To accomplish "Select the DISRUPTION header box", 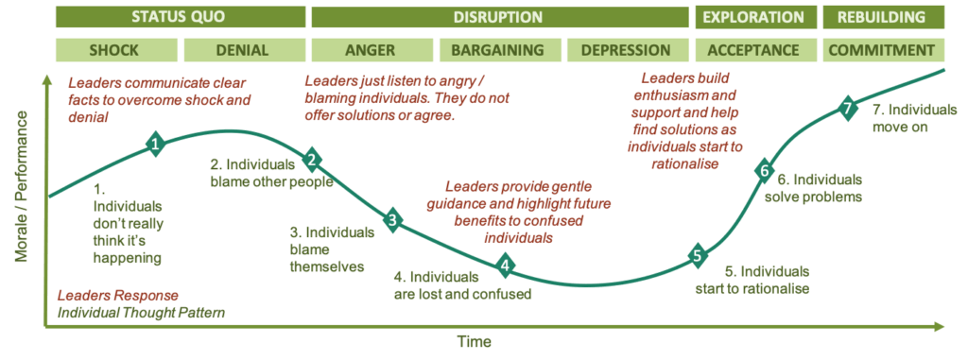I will (498, 17).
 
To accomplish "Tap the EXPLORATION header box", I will (754, 17).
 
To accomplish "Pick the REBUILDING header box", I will (881, 17).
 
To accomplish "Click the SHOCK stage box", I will (114, 50).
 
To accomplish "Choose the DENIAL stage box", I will (242, 50).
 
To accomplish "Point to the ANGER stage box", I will (371, 50).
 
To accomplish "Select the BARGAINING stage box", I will (498, 50).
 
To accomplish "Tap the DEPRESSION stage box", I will (626, 50).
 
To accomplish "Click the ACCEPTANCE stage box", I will (753, 50).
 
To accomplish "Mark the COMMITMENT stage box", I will (881, 50).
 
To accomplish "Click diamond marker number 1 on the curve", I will (156, 144).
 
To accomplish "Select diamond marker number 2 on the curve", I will (312, 160).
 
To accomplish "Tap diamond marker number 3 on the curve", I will (393, 221).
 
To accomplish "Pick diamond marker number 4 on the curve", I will (506, 266).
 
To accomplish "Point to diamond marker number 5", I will (698, 254).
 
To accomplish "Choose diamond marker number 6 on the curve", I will (764, 171).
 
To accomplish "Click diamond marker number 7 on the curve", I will (847, 109).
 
